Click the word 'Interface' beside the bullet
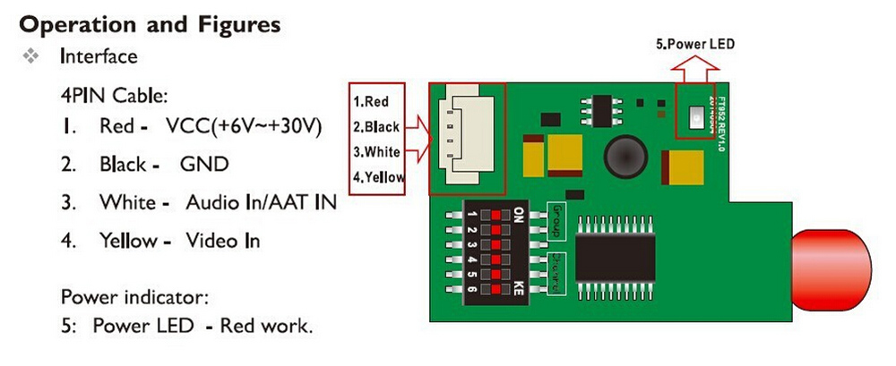99,56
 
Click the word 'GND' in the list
204,164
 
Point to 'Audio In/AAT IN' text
261,202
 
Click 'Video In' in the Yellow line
223,241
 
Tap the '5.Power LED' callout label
695,43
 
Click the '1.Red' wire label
370,101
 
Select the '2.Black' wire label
375,127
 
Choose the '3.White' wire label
375,152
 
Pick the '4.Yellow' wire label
378,177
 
